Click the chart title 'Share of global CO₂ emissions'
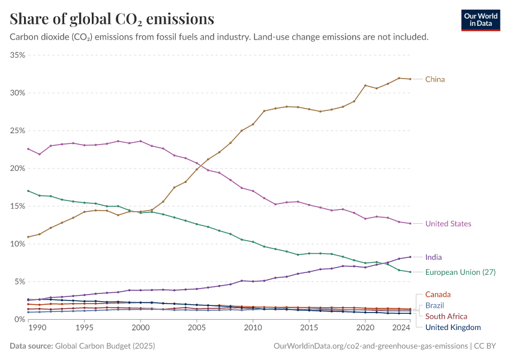pyautogui.click(x=112, y=19)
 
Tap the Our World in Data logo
pyautogui.click(x=480, y=20)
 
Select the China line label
pyautogui.click(x=435, y=79)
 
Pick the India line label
pyautogui.click(x=434, y=257)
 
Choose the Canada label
pyautogui.click(x=437, y=295)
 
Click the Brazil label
pyautogui.click(x=435, y=305)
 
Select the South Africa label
pyautogui.click(x=446, y=316)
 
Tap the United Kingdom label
pyautogui.click(x=453, y=327)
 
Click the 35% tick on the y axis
pyautogui.click(x=17, y=55)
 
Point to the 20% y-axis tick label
pyautogui.click(x=17, y=169)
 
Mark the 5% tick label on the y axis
pyautogui.click(x=19, y=282)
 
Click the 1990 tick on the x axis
pyautogui.click(x=36, y=328)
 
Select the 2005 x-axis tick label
pyautogui.click(x=197, y=328)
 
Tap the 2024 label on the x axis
pyautogui.click(x=401, y=328)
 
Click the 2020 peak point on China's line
pyautogui.click(x=365, y=85)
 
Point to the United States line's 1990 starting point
pyautogui.click(x=28, y=149)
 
